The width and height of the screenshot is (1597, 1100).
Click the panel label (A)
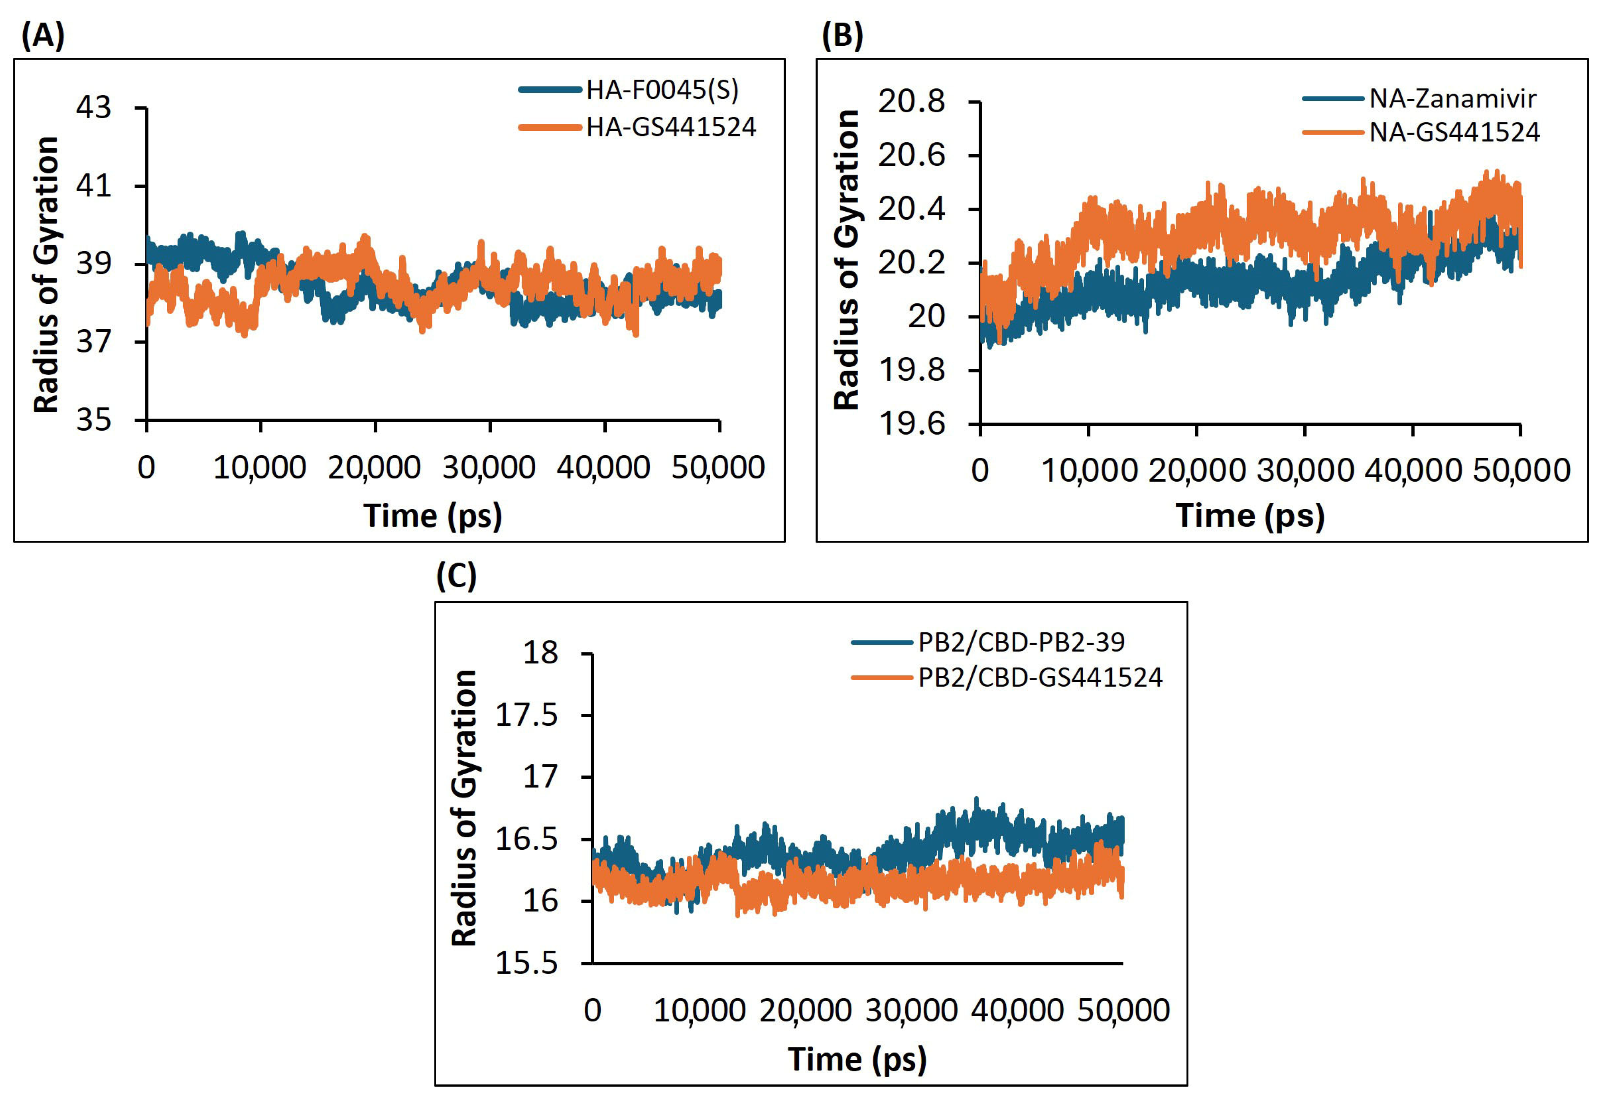point(43,36)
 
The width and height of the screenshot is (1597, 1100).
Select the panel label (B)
point(842,36)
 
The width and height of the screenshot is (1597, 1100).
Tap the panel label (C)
point(456,576)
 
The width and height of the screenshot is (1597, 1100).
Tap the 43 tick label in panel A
point(94,108)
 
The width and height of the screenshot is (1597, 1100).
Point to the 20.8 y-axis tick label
point(911,102)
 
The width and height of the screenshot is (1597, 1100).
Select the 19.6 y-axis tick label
point(911,423)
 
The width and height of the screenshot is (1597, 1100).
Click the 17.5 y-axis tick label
point(527,715)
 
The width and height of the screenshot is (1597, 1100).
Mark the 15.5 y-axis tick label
point(527,963)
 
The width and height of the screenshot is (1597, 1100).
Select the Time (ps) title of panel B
point(1250,516)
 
